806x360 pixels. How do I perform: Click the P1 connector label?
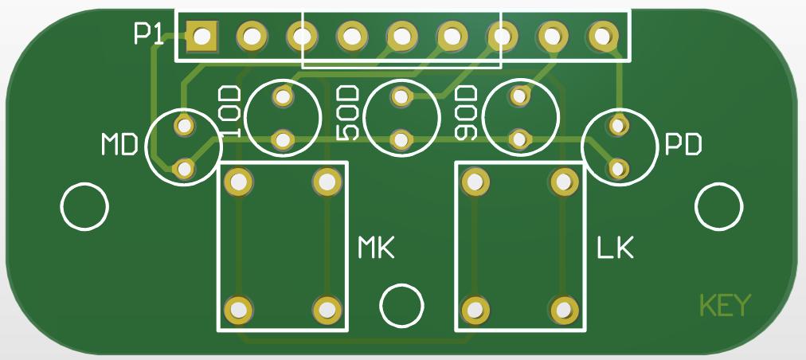149,34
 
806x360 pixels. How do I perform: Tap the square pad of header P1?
201,37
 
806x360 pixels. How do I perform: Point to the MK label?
376,248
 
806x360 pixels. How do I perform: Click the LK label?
616,248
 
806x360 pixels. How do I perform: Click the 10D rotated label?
229,112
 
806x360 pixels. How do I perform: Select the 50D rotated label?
347,113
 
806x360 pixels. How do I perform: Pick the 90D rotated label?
467,112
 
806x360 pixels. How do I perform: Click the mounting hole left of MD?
84,207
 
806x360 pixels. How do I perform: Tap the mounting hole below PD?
719,207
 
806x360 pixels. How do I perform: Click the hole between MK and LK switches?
402,306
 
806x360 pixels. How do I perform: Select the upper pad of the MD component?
184,124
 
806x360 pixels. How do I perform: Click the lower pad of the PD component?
619,168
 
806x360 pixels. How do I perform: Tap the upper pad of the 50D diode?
401,96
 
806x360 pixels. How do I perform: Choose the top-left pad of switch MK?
238,182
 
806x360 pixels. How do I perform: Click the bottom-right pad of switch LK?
564,310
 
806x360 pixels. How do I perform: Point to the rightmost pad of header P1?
601,37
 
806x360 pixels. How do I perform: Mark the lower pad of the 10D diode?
283,139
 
